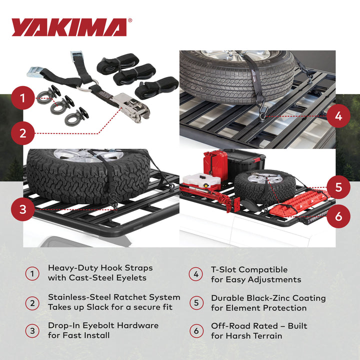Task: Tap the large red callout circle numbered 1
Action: pos(22,98)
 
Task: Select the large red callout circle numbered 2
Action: pos(22,133)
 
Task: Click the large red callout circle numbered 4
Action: pos(338,116)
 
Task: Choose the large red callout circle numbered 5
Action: pos(338,187)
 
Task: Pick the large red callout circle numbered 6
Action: pos(338,215)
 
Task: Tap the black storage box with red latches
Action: pos(247,160)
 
